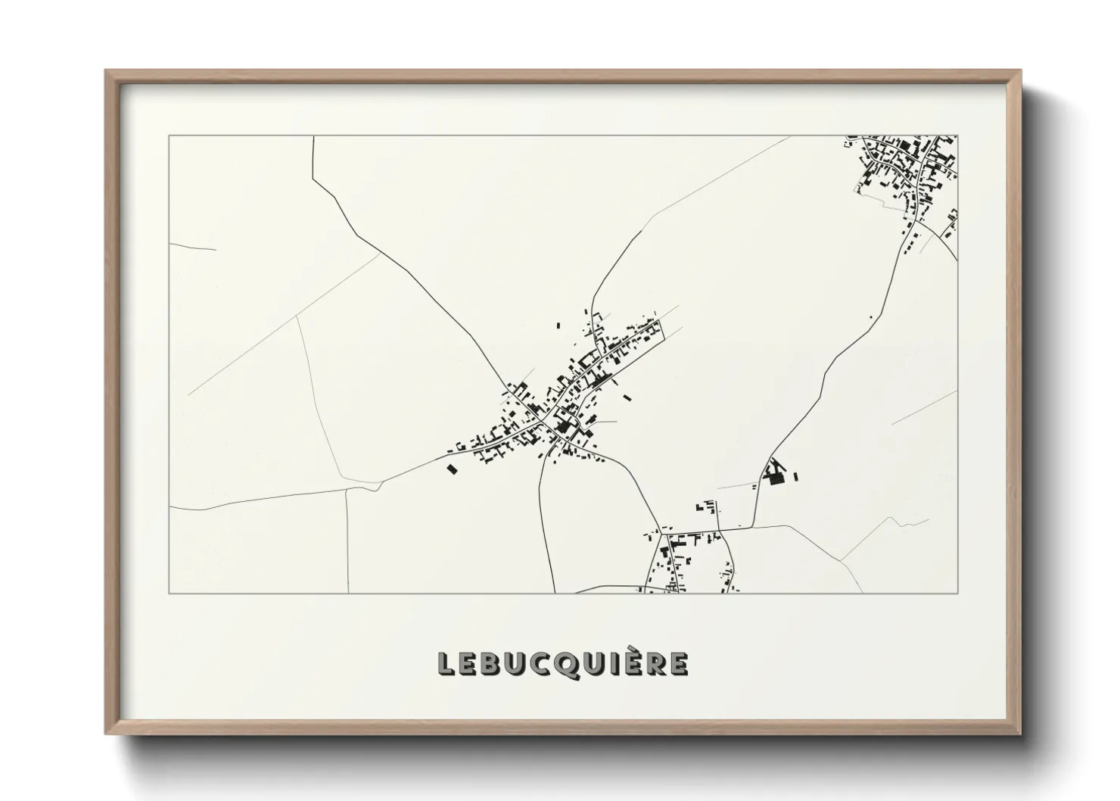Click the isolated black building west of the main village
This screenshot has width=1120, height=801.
[453, 469]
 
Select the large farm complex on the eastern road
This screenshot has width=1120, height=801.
[776, 475]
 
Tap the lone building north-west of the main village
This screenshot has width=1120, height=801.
[559, 326]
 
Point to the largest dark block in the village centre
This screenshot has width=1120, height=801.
[563, 428]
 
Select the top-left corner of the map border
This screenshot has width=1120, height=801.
[169, 136]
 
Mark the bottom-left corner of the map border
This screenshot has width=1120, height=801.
[169, 594]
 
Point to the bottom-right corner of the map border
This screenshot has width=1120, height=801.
[957, 594]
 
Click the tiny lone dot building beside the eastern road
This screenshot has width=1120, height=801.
[871, 317]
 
